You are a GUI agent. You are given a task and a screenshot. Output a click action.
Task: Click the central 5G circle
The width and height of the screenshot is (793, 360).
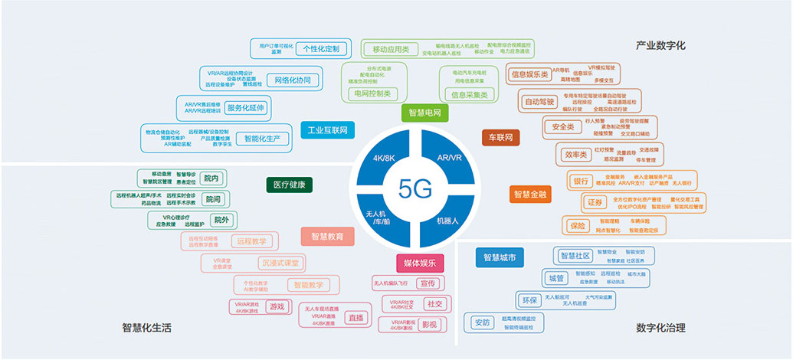[x=416, y=188]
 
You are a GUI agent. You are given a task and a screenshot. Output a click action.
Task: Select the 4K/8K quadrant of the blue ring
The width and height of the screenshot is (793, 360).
[x=384, y=159]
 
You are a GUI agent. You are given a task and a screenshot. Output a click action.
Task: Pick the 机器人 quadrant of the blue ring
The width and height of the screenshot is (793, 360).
[x=448, y=220]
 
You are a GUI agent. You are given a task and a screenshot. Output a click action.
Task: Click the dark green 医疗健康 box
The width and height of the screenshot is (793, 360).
[x=290, y=185]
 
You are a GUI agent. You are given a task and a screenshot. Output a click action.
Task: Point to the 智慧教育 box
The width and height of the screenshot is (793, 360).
[x=327, y=236]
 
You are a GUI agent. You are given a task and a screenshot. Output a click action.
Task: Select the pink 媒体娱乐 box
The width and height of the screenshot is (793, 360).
[x=420, y=263]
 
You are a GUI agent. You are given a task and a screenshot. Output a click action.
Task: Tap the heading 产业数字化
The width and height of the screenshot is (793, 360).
[x=660, y=46]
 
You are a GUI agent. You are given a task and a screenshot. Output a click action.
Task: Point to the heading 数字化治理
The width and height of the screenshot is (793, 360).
[x=660, y=328]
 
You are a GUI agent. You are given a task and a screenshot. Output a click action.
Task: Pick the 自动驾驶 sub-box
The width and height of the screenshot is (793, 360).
[x=539, y=101]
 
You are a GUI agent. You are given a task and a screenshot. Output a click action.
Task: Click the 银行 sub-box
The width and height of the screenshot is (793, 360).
[x=579, y=182]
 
